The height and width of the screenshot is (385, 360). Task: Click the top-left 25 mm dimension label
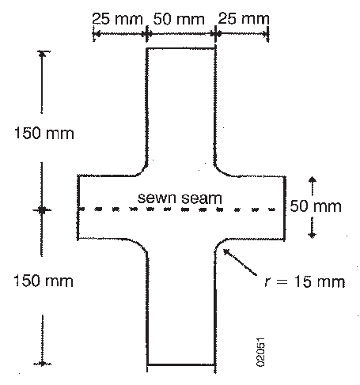coord(117,19)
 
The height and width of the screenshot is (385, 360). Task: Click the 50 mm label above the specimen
coord(179,19)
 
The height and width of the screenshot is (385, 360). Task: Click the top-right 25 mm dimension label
coord(244,19)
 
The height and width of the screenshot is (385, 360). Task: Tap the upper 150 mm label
coord(44,133)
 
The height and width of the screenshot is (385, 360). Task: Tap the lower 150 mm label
coord(44,281)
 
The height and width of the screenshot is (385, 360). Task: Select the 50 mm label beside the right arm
coord(316,206)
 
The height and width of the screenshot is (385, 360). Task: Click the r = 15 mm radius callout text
coord(305,281)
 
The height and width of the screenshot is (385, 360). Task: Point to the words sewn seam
coord(180,198)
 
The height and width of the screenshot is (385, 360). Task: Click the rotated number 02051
coord(260,352)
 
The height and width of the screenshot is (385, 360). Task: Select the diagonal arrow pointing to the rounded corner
coord(240,262)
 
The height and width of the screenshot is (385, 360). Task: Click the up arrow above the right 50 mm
coord(313,187)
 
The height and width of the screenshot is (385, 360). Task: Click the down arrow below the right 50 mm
coord(313,228)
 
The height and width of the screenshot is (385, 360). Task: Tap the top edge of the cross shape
coord(181,48)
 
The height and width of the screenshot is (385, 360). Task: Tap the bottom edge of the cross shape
coord(181,364)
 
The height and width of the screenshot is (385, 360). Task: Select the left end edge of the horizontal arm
coord(78,207)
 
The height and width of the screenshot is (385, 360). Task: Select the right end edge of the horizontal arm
coord(285,208)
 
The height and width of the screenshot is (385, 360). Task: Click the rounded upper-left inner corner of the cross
coord(142,171)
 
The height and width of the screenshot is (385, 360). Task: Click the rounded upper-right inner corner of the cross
coord(219,172)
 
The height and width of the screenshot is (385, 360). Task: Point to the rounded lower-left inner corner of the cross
coord(142,244)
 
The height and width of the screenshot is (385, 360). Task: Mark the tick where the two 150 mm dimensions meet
coord(41,210)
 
